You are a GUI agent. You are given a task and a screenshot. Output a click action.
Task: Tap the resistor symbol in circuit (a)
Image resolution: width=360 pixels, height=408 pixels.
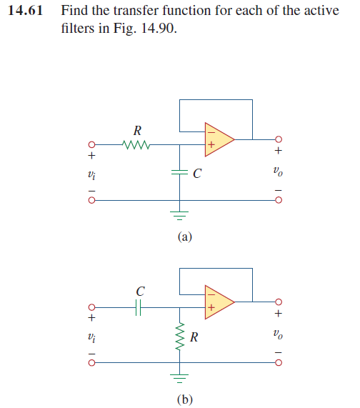[x=136, y=147]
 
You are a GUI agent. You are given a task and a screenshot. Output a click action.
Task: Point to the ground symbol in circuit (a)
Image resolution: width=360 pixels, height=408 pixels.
[x=180, y=215]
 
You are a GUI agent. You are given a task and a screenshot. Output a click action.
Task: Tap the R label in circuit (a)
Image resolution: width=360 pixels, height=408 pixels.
[x=137, y=131]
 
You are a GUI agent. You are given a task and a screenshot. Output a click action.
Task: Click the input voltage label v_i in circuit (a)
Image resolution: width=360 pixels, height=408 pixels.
[x=91, y=174]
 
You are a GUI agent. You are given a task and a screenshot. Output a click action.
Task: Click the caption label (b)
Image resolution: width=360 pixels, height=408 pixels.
[x=184, y=399]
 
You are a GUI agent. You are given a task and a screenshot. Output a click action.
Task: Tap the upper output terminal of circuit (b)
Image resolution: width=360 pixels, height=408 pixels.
[x=279, y=300]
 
